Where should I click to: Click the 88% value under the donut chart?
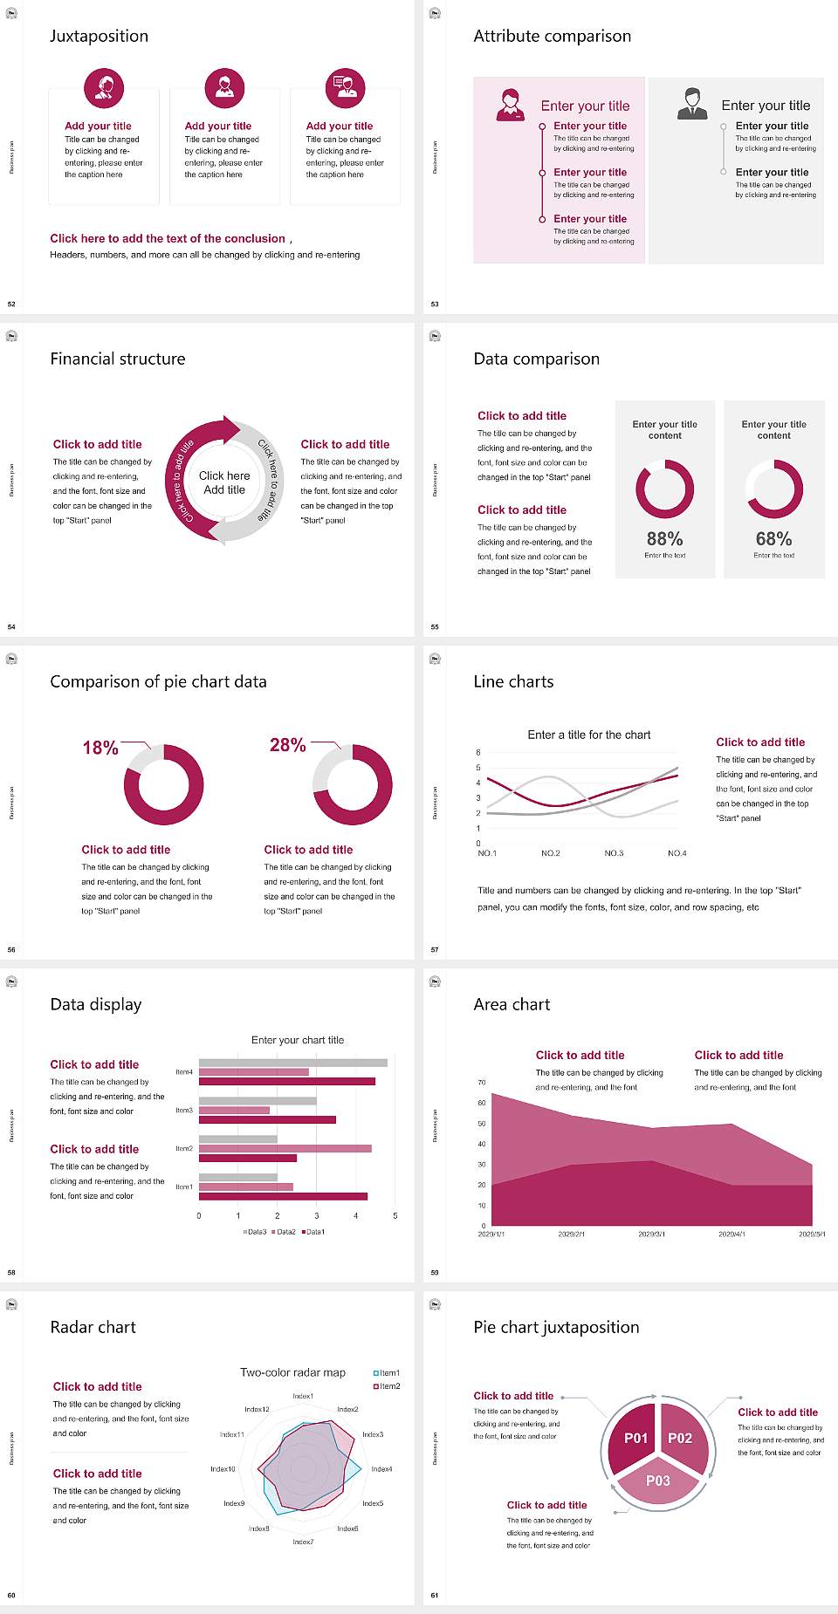click(x=664, y=539)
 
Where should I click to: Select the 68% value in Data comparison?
click(x=773, y=539)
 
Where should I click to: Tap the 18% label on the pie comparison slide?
click(x=100, y=748)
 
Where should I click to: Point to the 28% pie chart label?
click(x=287, y=745)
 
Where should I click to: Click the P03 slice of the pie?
click(x=658, y=1481)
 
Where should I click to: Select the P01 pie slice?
click(x=635, y=1438)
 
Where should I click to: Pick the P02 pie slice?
click(x=680, y=1438)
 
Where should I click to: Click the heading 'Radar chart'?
click(x=93, y=1327)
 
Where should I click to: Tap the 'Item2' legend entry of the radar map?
click(x=388, y=1386)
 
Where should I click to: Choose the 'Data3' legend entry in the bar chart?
click(x=255, y=1232)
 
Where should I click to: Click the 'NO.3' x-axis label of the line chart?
click(x=614, y=853)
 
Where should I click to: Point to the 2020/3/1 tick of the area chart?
click(x=651, y=1234)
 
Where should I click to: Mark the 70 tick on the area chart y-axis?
click(x=482, y=1083)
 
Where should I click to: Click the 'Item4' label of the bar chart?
click(x=184, y=1072)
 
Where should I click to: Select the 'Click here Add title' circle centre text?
click(x=224, y=482)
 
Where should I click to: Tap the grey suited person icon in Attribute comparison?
click(x=693, y=104)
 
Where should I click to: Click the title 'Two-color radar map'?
click(x=292, y=1372)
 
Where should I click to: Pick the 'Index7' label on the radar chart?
click(x=303, y=1542)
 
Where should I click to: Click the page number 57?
click(x=435, y=950)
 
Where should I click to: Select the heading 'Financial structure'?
click(x=118, y=359)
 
